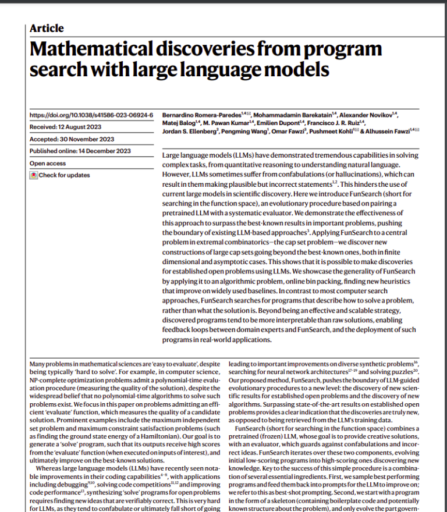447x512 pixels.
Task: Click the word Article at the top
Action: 47,29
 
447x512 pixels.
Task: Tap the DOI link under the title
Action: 91,115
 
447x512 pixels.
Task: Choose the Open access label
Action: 48,163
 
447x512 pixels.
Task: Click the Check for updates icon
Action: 34,175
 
